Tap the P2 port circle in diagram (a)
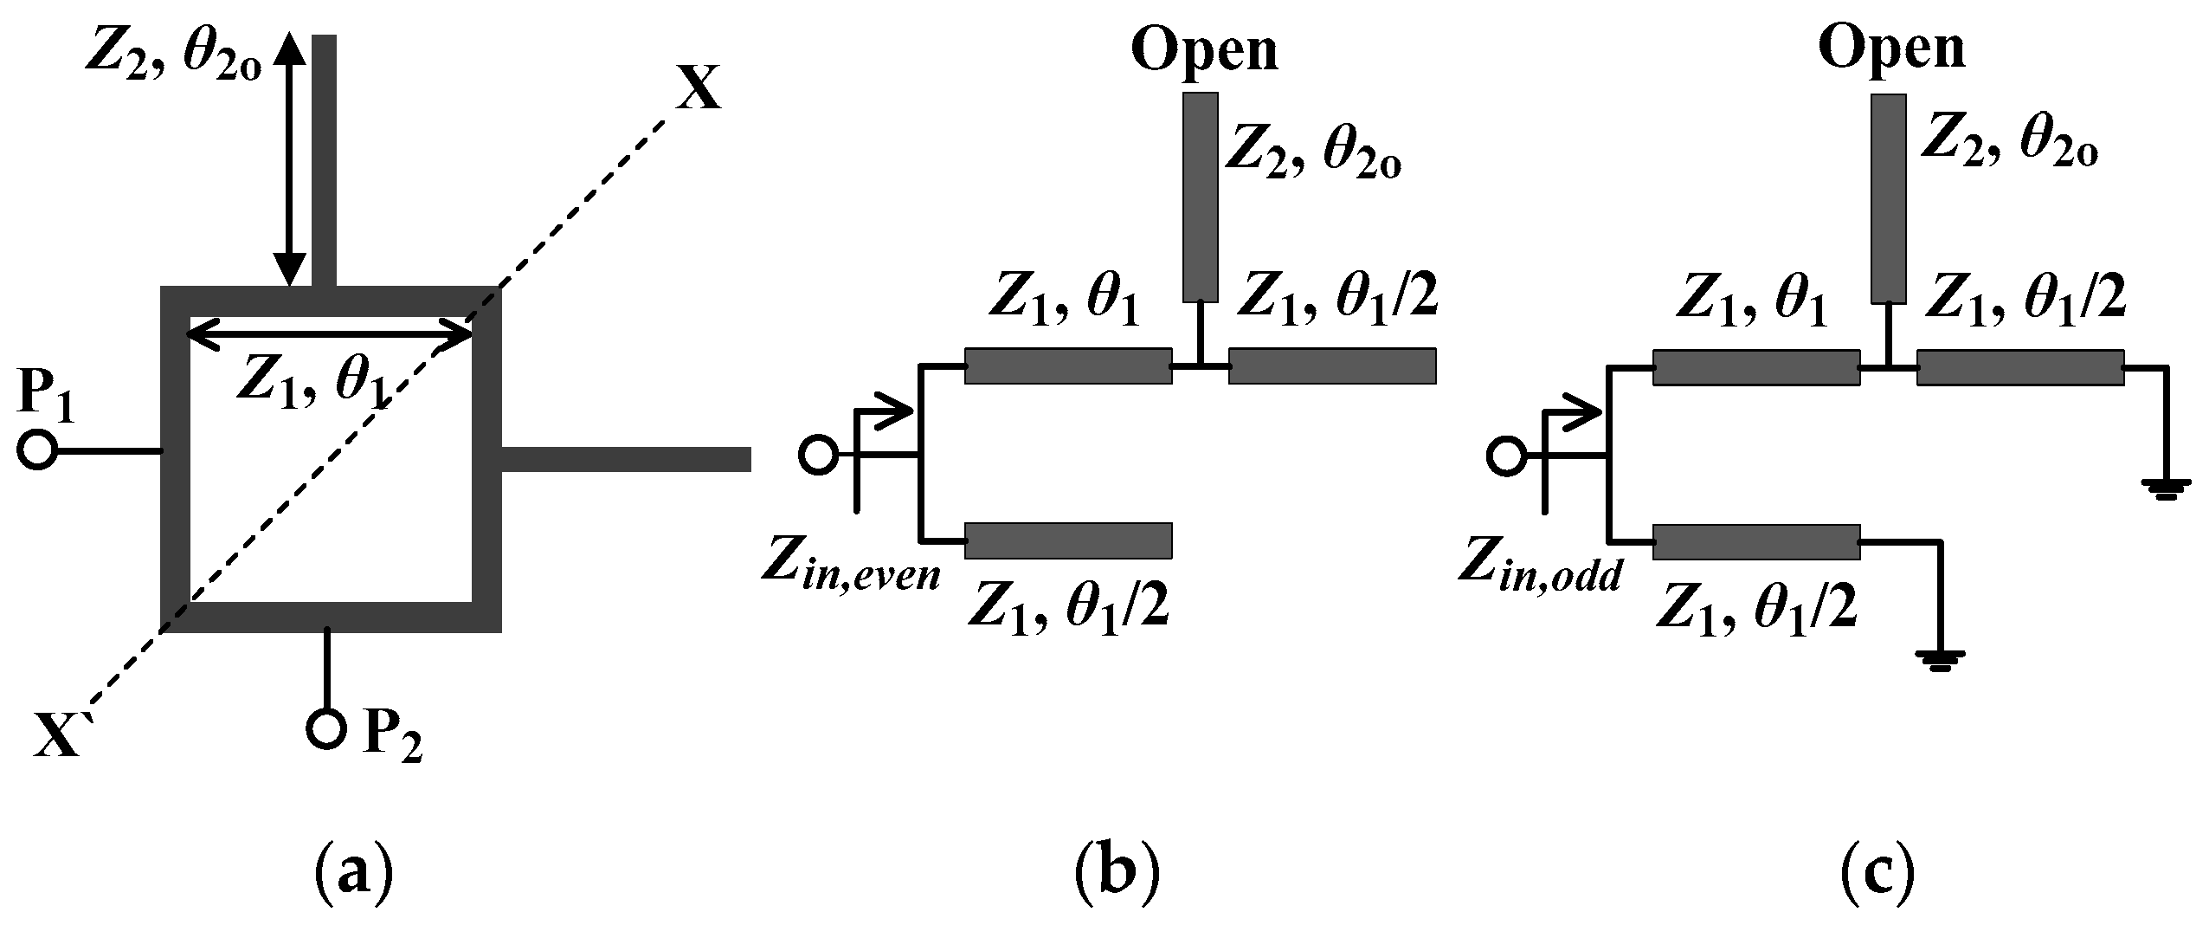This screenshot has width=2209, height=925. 326,728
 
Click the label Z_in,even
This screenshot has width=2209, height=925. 850,564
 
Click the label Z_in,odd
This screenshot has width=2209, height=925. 1539,564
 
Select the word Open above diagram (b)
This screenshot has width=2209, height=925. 1204,50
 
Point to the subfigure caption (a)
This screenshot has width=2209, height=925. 351,876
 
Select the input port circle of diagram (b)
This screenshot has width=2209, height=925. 818,454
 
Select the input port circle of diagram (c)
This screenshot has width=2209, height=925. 1506,454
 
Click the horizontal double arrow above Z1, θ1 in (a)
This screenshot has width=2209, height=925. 329,334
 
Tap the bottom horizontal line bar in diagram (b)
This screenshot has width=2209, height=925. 1068,540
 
